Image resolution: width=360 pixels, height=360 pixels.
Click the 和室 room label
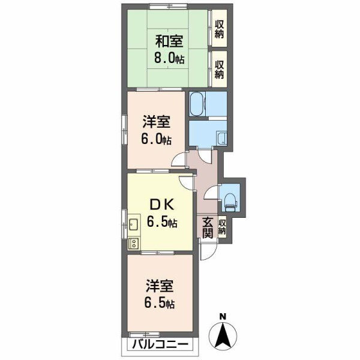click(169, 41)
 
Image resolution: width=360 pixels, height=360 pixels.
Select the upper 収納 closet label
click(219, 29)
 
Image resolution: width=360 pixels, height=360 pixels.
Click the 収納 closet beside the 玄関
click(222, 227)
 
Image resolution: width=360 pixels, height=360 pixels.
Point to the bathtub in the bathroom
click(197, 104)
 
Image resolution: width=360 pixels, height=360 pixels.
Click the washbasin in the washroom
click(222, 139)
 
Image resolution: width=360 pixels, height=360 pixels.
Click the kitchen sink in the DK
click(133, 224)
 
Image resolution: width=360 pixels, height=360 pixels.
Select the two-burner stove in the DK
click(134, 243)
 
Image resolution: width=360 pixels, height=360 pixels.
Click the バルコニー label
click(160, 344)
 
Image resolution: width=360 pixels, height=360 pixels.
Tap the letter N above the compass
click(223, 317)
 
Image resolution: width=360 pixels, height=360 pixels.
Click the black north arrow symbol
click(223, 335)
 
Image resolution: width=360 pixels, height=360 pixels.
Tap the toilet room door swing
click(210, 192)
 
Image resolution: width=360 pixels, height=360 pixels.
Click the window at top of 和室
click(168, 7)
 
